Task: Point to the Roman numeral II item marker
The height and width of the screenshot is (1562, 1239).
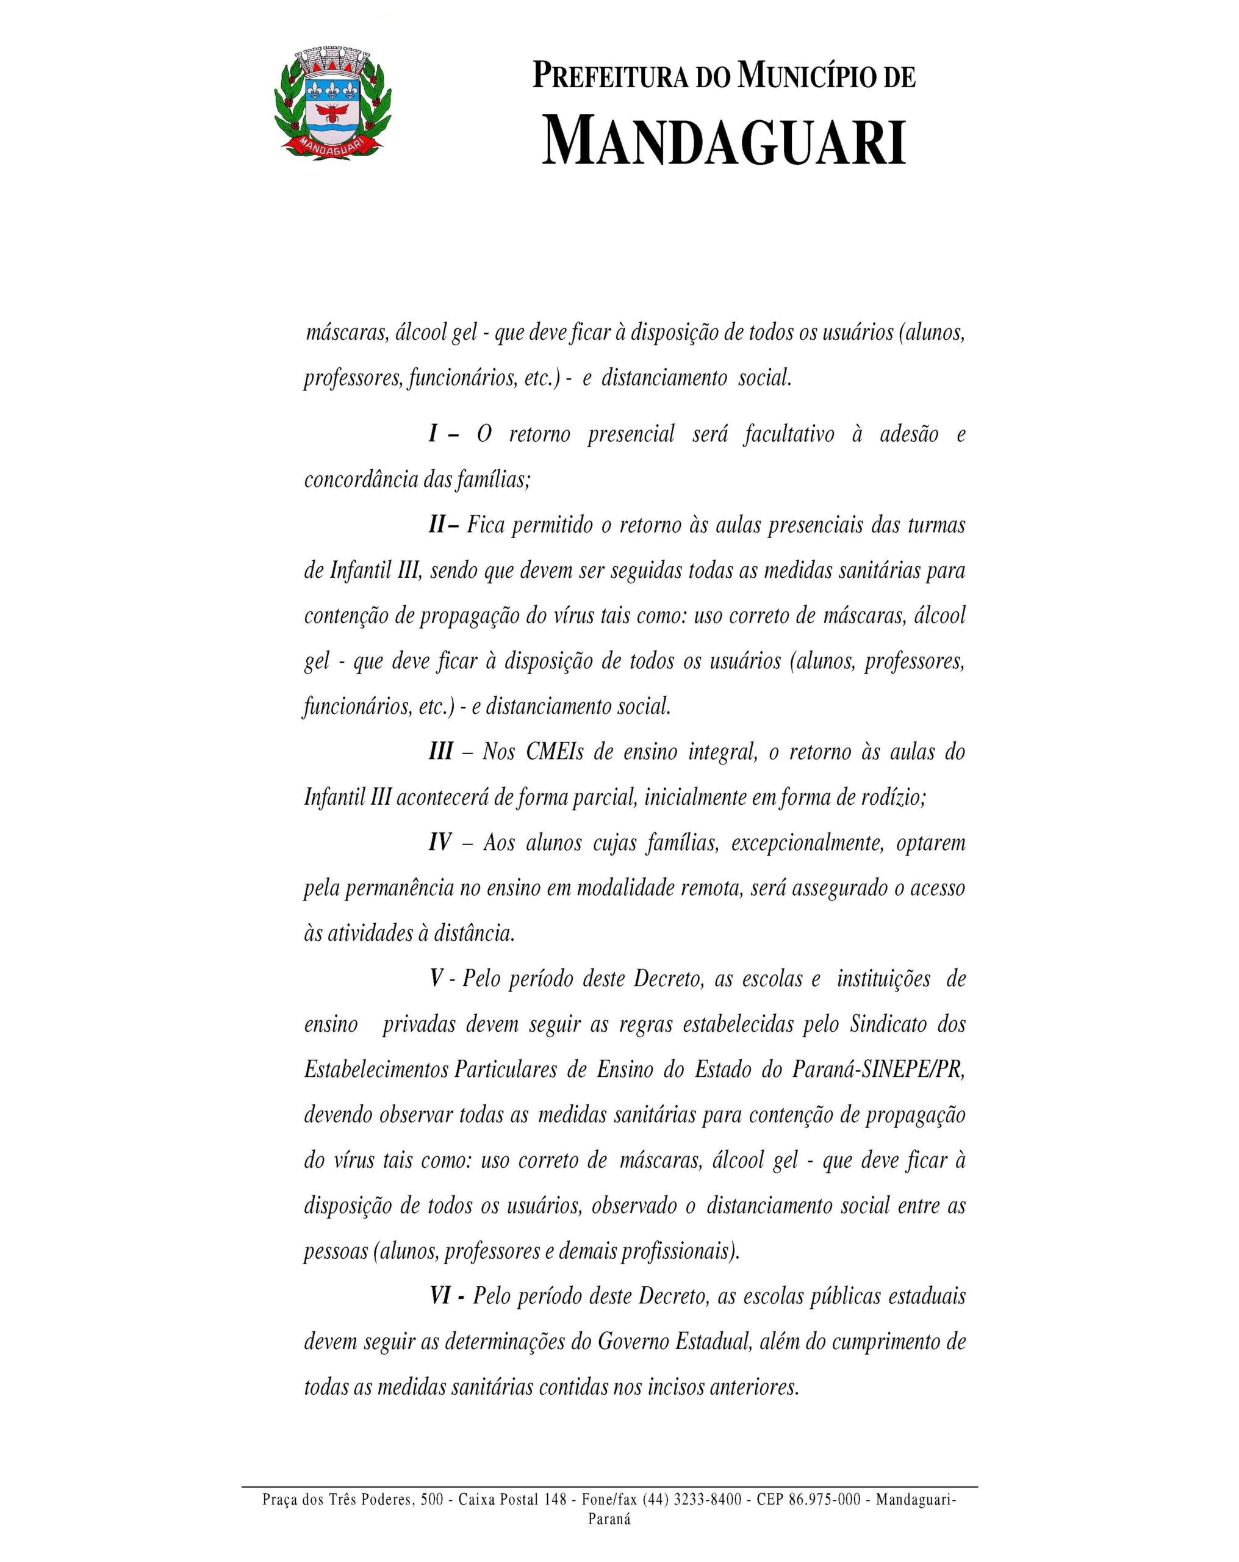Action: pyautogui.click(x=437, y=525)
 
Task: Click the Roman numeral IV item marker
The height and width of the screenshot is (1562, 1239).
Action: pyautogui.click(x=440, y=843)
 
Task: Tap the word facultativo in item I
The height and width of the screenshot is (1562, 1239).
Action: pyautogui.click(x=788, y=434)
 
